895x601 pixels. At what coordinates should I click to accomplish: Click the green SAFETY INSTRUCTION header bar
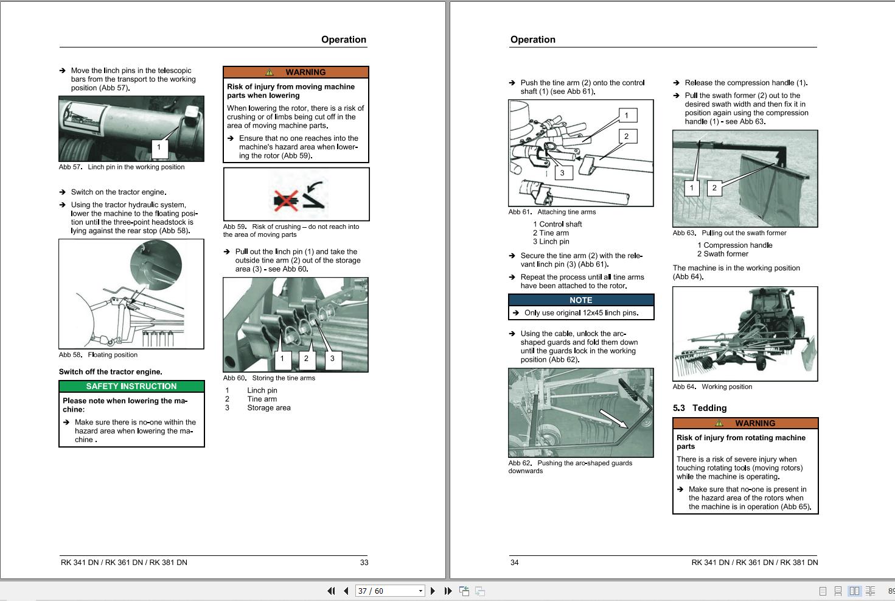pyautogui.click(x=131, y=387)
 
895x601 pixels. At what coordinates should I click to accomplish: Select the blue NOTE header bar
pyautogui.click(x=580, y=300)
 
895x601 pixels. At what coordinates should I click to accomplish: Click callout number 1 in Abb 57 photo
pyautogui.click(x=159, y=147)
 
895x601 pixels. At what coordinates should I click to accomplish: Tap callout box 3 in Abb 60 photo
pyautogui.click(x=332, y=359)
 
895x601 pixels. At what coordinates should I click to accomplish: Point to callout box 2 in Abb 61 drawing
pyautogui.click(x=626, y=136)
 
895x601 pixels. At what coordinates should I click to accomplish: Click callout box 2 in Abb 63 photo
pyautogui.click(x=714, y=188)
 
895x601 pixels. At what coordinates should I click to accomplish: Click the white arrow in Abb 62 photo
pyautogui.click(x=614, y=418)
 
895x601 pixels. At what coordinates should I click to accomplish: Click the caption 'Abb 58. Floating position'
pyautogui.click(x=98, y=355)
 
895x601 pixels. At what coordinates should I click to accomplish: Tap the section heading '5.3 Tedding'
pyautogui.click(x=700, y=408)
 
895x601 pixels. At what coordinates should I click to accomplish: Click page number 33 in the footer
pyautogui.click(x=364, y=563)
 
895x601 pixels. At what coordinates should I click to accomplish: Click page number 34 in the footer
pyautogui.click(x=514, y=563)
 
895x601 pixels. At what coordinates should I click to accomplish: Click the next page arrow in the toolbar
pyautogui.click(x=433, y=591)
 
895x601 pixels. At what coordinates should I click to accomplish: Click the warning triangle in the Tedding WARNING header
pyautogui.click(x=719, y=423)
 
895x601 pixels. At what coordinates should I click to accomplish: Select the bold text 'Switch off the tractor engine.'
pyautogui.click(x=111, y=372)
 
